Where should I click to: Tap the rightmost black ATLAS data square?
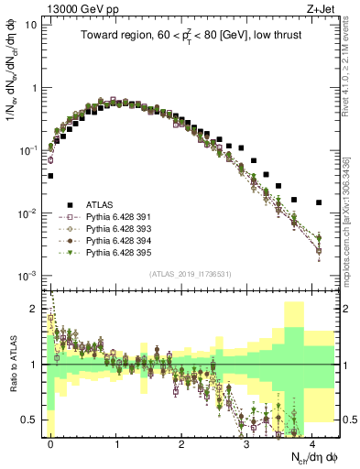pyautogui.click(x=319, y=202)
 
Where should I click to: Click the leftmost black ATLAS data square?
pyautogui.click(x=50, y=175)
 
